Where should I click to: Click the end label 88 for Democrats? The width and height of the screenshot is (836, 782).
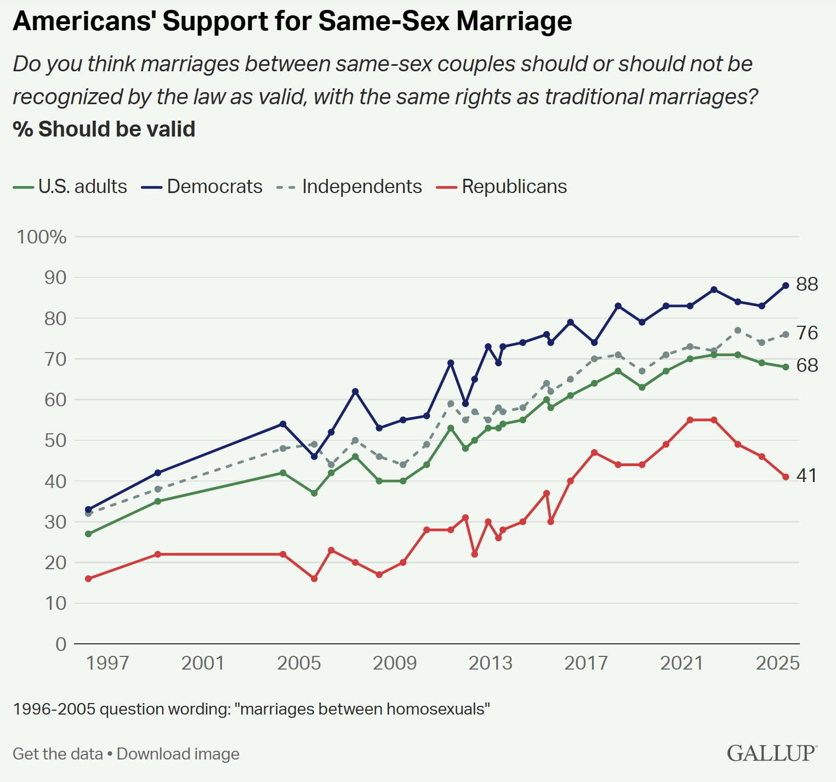coord(807,284)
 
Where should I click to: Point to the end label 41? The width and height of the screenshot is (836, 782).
coord(806,475)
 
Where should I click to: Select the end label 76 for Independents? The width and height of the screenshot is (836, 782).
coord(807,333)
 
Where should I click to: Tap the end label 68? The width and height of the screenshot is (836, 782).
coord(807,365)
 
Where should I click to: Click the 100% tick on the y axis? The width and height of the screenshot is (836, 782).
coord(42,237)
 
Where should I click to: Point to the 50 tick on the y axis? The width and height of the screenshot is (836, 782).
coord(55,440)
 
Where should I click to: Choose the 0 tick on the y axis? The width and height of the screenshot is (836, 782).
coord(61,644)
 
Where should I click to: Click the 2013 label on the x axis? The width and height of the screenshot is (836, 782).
coord(490,663)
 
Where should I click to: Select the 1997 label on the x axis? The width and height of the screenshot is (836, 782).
coord(107,663)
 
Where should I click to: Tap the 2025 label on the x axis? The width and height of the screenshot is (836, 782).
coord(777,663)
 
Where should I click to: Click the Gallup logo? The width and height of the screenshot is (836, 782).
coord(772,753)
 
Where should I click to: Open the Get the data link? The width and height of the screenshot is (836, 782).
coord(58,754)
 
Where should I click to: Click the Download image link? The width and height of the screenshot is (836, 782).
coord(178,754)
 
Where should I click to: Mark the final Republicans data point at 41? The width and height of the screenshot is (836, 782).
coord(786,477)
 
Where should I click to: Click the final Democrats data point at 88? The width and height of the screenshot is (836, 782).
coord(786,285)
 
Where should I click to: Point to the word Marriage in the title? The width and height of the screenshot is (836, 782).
coord(514,21)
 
